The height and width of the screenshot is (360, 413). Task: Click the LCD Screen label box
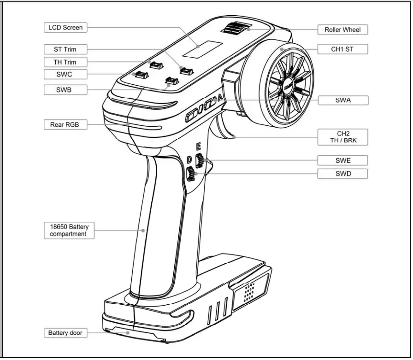65,28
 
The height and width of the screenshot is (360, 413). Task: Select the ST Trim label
65,49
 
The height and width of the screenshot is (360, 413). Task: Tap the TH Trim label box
65,62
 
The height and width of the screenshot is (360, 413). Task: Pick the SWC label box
65,74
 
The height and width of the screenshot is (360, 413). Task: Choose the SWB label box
65,90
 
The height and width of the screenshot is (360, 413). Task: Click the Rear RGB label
65,124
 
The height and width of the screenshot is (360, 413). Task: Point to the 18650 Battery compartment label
69,230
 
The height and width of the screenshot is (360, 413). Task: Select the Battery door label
65,332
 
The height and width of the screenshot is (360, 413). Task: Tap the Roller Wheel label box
342,30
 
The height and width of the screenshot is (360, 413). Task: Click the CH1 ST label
342,49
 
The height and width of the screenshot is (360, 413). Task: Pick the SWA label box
342,100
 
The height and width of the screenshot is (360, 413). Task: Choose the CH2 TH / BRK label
342,137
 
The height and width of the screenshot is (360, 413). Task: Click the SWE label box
342,160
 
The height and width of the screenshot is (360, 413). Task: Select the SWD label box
342,174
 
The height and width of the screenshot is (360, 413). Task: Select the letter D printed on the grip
189,159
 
